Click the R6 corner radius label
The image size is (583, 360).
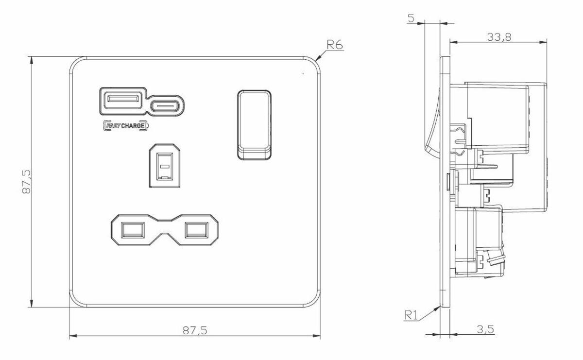335,45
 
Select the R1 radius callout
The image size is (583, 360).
411,315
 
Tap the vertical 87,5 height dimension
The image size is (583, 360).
27,182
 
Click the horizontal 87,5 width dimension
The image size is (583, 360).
195,330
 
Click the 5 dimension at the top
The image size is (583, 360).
411,19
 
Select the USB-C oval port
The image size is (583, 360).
167,105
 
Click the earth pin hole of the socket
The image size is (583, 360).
165,166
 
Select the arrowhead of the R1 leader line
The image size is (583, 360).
440,306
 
